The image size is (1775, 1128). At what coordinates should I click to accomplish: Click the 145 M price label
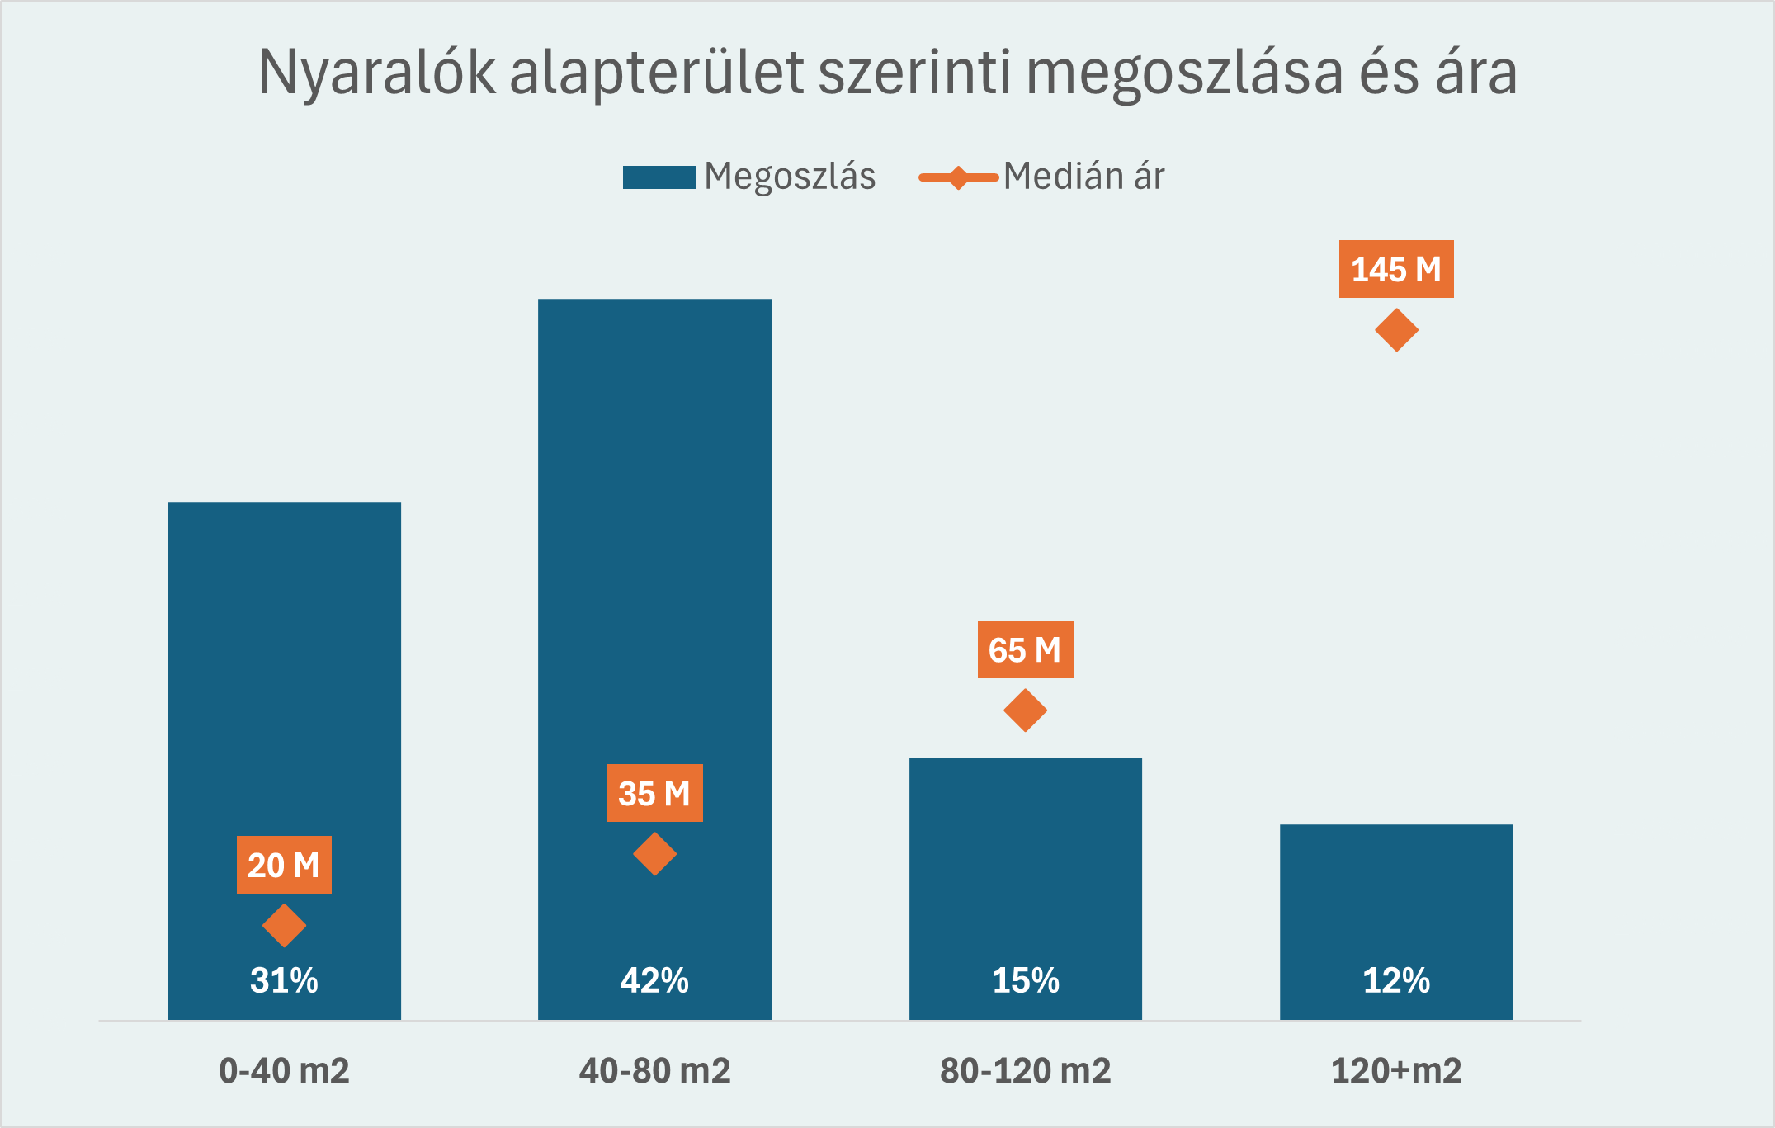(x=1395, y=269)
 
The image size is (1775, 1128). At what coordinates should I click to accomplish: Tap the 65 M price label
(x=1025, y=649)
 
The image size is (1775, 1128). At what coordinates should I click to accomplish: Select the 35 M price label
(x=654, y=793)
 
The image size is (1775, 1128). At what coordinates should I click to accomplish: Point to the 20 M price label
(x=284, y=865)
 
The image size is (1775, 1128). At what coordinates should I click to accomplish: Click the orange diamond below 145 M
(x=1396, y=330)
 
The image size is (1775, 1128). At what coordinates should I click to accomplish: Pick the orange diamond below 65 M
(x=1025, y=710)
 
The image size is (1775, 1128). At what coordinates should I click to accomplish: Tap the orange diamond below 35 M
(x=654, y=854)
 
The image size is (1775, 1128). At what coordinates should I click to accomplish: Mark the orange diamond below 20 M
(x=284, y=925)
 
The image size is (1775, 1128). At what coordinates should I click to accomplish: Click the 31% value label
(x=284, y=980)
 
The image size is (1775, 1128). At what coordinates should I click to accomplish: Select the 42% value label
(x=654, y=980)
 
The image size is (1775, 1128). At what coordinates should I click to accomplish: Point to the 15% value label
(x=1025, y=980)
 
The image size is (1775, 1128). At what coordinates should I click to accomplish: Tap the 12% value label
(x=1396, y=980)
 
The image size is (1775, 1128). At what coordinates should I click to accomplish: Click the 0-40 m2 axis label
(x=284, y=1070)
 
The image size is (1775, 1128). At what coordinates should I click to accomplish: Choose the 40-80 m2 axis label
(x=654, y=1070)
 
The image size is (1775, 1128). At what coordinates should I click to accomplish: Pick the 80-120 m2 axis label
(x=1025, y=1070)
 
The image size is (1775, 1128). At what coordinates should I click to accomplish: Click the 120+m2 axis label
(x=1396, y=1070)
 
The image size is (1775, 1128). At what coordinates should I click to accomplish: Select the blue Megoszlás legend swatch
(x=659, y=177)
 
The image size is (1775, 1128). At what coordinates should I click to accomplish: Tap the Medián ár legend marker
(x=958, y=177)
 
